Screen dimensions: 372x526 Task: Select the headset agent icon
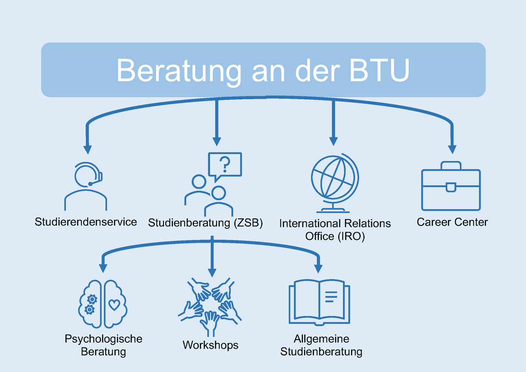(x=86, y=186)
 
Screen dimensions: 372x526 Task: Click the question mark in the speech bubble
(x=225, y=165)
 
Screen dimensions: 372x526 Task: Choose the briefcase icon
(x=451, y=186)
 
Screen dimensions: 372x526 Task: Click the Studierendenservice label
(x=86, y=222)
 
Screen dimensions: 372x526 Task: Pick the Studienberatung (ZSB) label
(x=205, y=223)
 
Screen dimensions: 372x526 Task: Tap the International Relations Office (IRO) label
(x=335, y=229)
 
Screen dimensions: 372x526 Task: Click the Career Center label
(x=452, y=222)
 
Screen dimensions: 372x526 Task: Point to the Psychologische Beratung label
(x=103, y=345)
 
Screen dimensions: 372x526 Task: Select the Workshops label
(x=210, y=345)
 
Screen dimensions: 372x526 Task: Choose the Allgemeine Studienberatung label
(x=321, y=345)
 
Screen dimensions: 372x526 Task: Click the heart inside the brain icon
(x=114, y=304)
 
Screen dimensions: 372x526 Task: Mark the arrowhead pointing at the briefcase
(x=452, y=149)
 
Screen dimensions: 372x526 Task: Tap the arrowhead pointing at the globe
(x=334, y=141)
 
